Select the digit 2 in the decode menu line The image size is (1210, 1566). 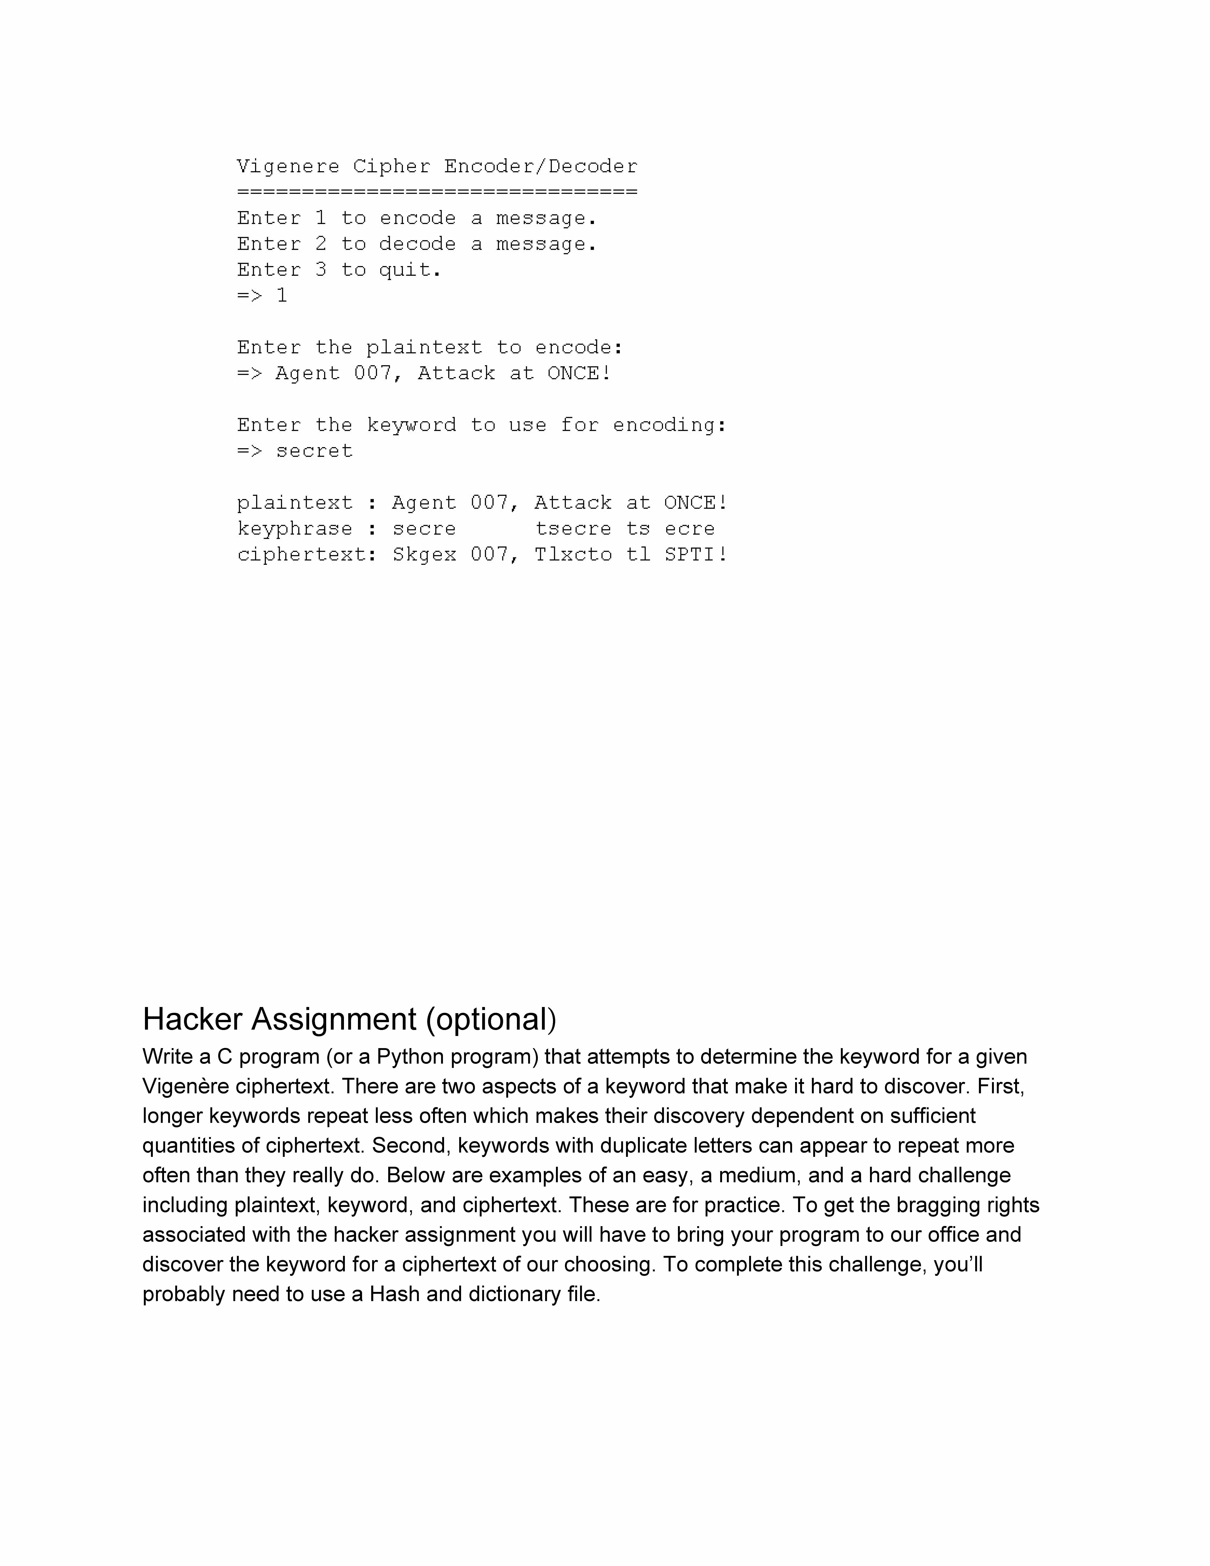320,244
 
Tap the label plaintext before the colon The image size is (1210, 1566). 295,503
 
